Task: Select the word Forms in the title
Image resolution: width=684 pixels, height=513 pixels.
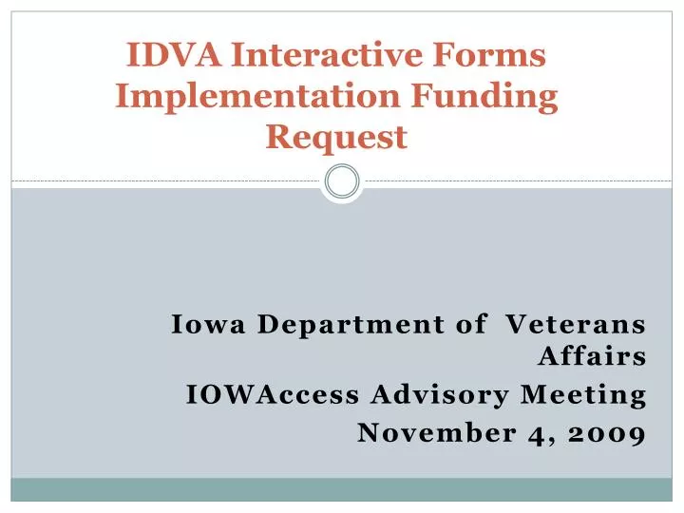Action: tap(495, 56)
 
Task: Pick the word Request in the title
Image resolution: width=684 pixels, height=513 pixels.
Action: tap(337, 139)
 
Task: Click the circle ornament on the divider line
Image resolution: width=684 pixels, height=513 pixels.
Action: tap(342, 180)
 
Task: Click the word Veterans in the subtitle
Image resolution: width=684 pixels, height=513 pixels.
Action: tap(575, 324)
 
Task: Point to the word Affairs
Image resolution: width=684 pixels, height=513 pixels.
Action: tap(593, 358)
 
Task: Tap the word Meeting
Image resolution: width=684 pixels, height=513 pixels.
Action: tap(584, 395)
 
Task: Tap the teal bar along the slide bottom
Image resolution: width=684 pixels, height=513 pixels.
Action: tap(342, 488)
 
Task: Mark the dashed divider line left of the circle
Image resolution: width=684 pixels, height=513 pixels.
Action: tap(161, 180)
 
